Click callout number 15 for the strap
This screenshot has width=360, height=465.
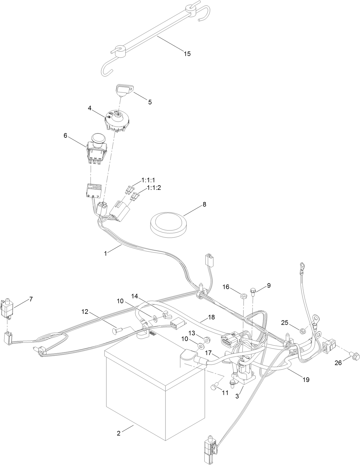pos(187,54)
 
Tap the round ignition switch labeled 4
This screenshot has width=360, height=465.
pos(117,121)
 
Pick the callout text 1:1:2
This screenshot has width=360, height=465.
pos(154,188)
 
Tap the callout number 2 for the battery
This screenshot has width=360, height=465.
pos(119,433)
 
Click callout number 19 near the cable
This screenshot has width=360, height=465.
pos(306,380)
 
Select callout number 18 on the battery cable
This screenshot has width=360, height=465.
pos(211,317)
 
